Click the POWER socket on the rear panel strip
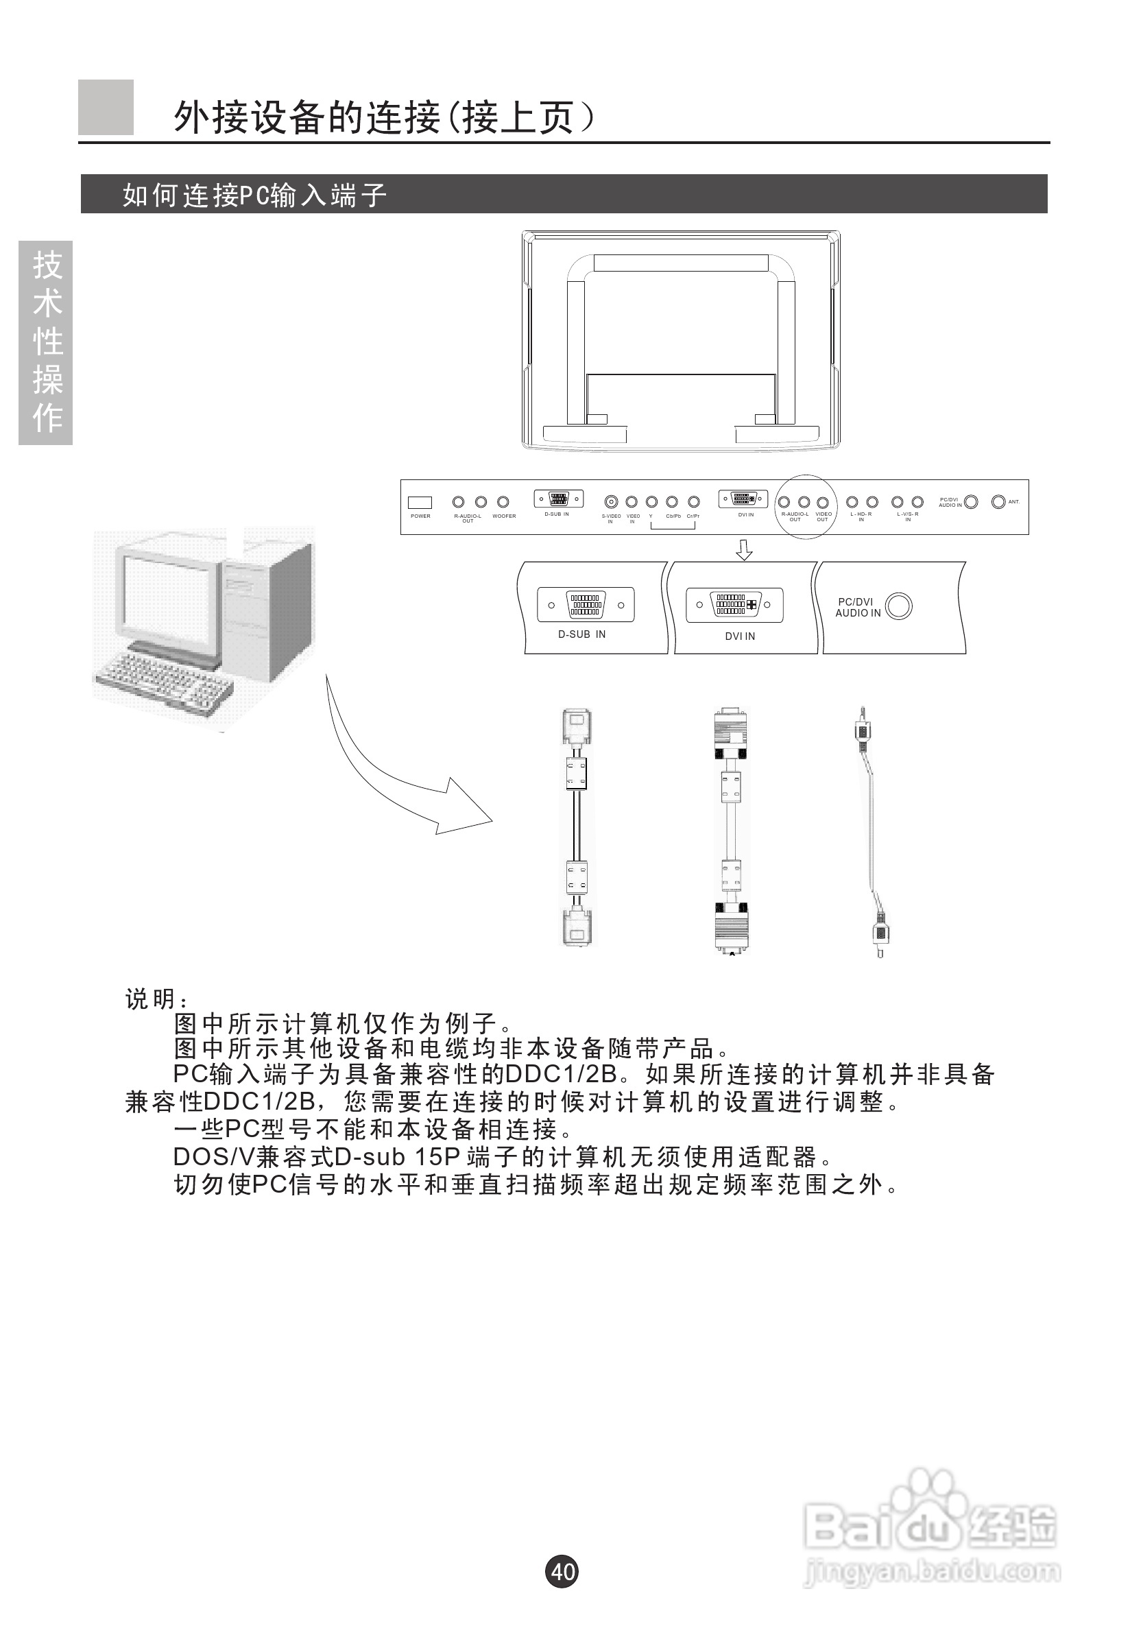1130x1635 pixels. point(420,503)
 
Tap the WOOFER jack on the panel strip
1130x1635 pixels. point(503,502)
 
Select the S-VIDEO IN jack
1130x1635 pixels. point(610,502)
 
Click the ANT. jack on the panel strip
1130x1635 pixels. point(998,502)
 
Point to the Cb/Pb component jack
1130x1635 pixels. point(672,502)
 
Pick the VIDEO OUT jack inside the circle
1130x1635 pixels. point(823,503)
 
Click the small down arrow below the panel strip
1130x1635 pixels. point(744,549)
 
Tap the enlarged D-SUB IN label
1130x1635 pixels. point(582,634)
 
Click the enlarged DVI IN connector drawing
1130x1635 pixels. point(734,605)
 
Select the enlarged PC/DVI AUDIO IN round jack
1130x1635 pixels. point(899,606)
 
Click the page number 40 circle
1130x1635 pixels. point(562,1571)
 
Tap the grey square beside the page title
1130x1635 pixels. point(106,108)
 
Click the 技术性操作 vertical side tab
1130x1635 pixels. point(46,343)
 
